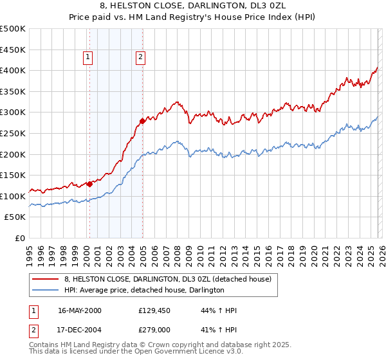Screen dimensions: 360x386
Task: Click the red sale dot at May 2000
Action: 90,184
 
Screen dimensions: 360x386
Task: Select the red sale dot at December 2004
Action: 142,121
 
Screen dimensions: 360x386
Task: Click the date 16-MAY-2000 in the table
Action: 80,310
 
